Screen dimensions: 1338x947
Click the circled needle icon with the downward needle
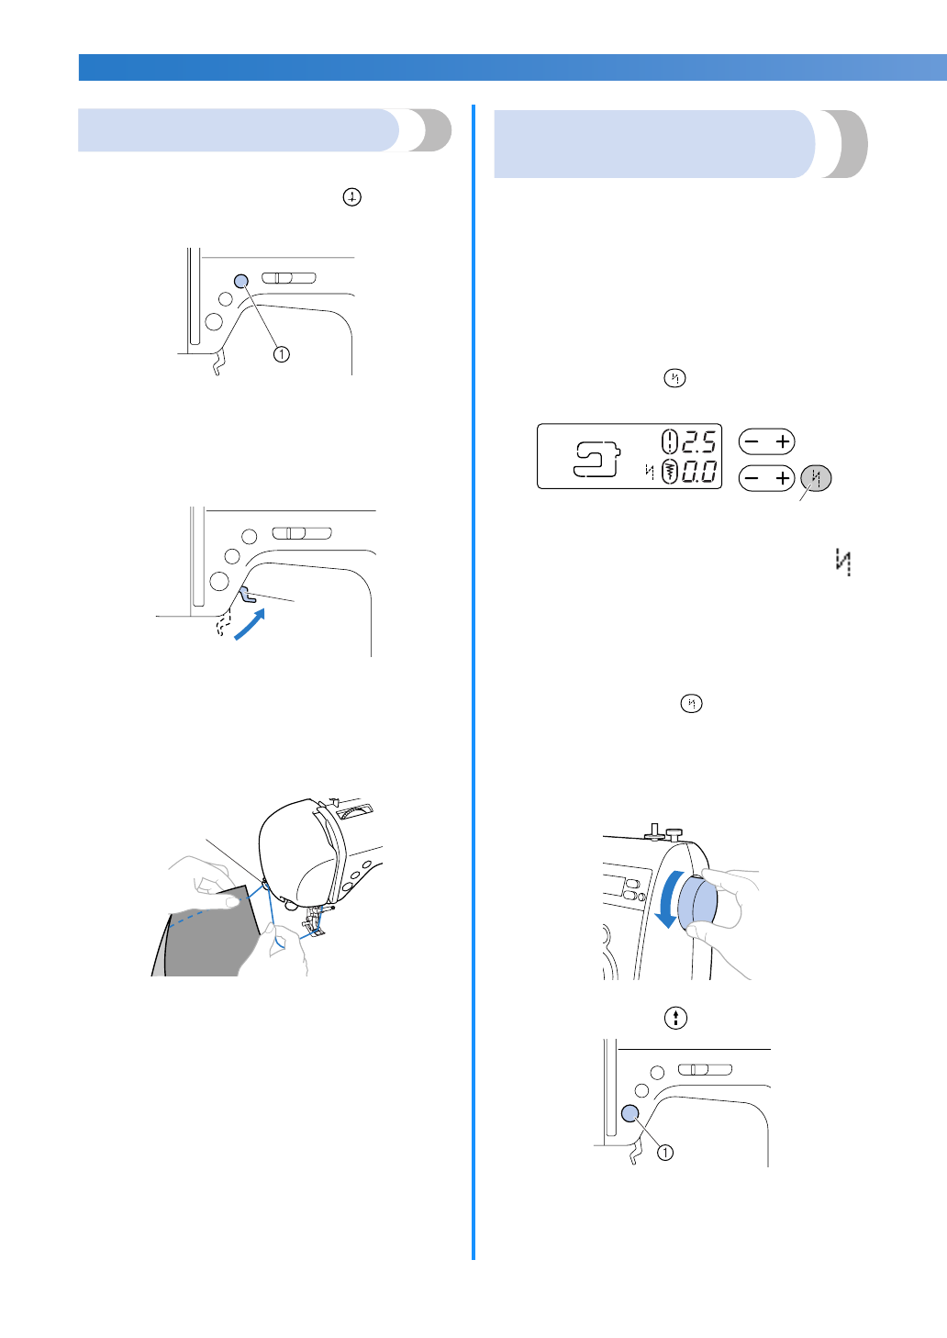click(351, 197)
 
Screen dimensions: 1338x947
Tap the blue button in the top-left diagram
click(241, 281)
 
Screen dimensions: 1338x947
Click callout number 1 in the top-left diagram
click(282, 354)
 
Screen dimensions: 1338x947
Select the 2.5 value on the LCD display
click(698, 442)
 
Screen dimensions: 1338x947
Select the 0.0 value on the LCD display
click(698, 473)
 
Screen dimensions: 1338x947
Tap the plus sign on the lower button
click(783, 478)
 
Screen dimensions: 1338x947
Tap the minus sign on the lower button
click(752, 478)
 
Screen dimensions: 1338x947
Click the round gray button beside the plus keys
click(816, 478)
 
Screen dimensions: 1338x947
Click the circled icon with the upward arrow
click(675, 1018)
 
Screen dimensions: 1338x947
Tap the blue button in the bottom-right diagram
click(629, 1113)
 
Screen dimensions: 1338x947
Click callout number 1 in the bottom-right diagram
click(665, 1153)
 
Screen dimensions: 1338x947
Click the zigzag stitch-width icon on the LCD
click(670, 473)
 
